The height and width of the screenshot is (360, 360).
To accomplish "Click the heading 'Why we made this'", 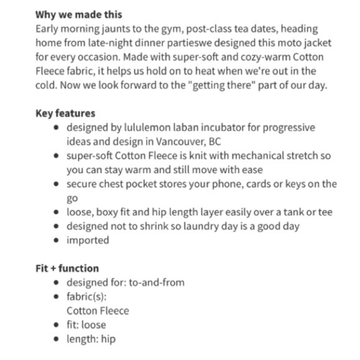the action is tap(78, 14).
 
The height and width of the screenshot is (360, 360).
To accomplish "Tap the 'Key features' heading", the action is tap(65, 113).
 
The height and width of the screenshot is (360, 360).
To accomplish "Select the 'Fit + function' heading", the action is tap(67, 268).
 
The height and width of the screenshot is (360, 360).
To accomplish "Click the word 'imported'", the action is tap(88, 240).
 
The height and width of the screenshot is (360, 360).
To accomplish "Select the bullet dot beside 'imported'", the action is tap(57, 240).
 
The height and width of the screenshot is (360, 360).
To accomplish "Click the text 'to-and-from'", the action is tap(156, 282).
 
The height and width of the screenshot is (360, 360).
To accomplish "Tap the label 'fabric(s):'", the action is tap(88, 297).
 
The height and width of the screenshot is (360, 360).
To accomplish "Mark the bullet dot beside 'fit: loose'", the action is tap(57, 325).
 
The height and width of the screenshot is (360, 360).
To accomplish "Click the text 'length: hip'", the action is tap(91, 339).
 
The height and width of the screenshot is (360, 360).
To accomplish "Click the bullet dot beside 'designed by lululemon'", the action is tap(57, 127).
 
